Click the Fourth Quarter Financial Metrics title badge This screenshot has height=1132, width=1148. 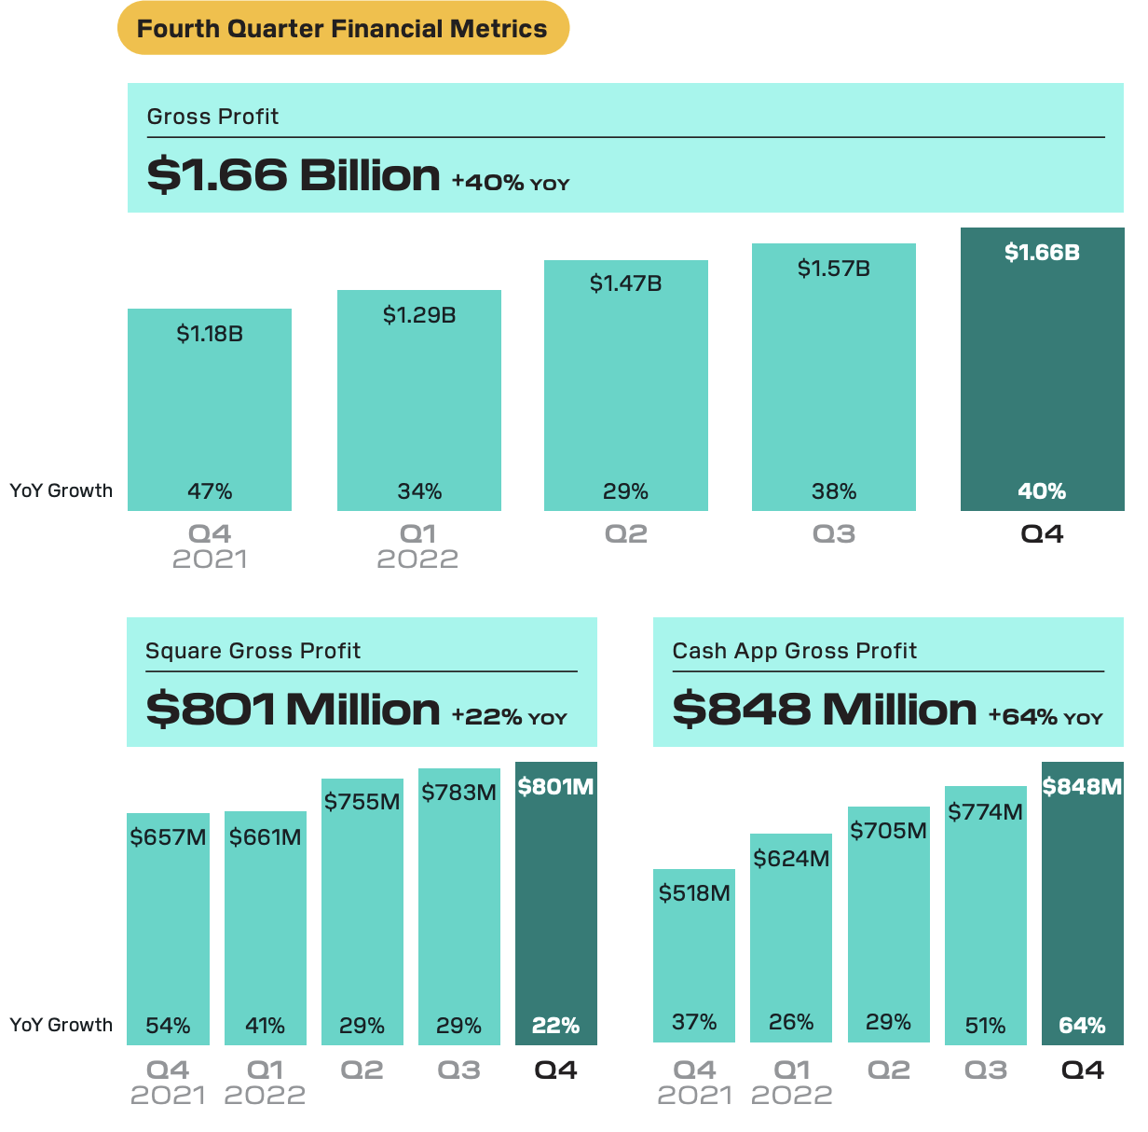tap(342, 28)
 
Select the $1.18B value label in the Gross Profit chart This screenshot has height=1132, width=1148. tap(210, 334)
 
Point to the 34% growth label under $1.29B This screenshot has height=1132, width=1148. tap(419, 491)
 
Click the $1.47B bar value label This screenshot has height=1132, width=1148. tap(625, 283)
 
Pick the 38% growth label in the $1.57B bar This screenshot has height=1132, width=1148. tap(834, 491)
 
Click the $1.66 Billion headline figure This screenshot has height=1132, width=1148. tap(294, 175)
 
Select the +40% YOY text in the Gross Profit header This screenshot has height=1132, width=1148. tap(510, 183)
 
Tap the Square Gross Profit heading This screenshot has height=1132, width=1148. tap(253, 651)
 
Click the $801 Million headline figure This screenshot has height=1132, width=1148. tap(293, 710)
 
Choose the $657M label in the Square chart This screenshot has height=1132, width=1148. tap(168, 837)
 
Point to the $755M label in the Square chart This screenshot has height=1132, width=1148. tap(362, 802)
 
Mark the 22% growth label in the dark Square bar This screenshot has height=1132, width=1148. tap(555, 1026)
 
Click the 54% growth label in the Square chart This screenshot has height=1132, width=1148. tap(168, 1026)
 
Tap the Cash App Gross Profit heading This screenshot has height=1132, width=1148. tap(794, 651)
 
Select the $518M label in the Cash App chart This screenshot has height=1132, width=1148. tap(694, 893)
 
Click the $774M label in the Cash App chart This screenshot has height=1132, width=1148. tap(985, 812)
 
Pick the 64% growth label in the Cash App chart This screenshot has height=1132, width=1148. tap(1082, 1026)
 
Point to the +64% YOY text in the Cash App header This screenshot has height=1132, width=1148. tap(1045, 717)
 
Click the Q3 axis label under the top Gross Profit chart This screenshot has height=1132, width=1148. tap(834, 534)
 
